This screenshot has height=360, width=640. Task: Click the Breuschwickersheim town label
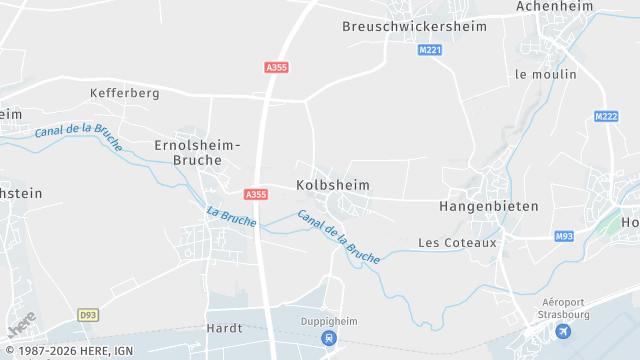point(413,27)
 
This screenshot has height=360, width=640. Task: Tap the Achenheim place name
point(555,7)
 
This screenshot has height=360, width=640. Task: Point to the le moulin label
point(545,74)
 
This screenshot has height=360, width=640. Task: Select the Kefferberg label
point(124,93)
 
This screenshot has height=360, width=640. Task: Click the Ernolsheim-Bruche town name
point(197,152)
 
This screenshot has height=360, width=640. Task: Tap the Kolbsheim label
point(333,185)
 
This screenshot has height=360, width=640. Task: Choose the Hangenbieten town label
point(488,206)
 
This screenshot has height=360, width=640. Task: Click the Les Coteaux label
point(457,242)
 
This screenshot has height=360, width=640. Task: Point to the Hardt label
point(224,327)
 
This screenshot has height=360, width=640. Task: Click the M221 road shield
point(430,49)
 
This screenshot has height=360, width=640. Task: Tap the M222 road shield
point(606,117)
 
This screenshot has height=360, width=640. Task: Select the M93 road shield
point(565,236)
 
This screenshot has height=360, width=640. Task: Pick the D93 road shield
point(89,315)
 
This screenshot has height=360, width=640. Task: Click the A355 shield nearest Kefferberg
point(277,67)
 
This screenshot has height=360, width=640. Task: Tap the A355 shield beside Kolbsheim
point(256,194)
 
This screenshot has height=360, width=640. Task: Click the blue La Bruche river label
point(231,216)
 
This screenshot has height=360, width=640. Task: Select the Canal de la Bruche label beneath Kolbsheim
point(338,236)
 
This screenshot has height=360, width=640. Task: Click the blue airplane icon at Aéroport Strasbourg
point(563,331)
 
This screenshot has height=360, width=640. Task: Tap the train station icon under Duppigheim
point(328,338)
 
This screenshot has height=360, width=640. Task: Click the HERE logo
point(21,323)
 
